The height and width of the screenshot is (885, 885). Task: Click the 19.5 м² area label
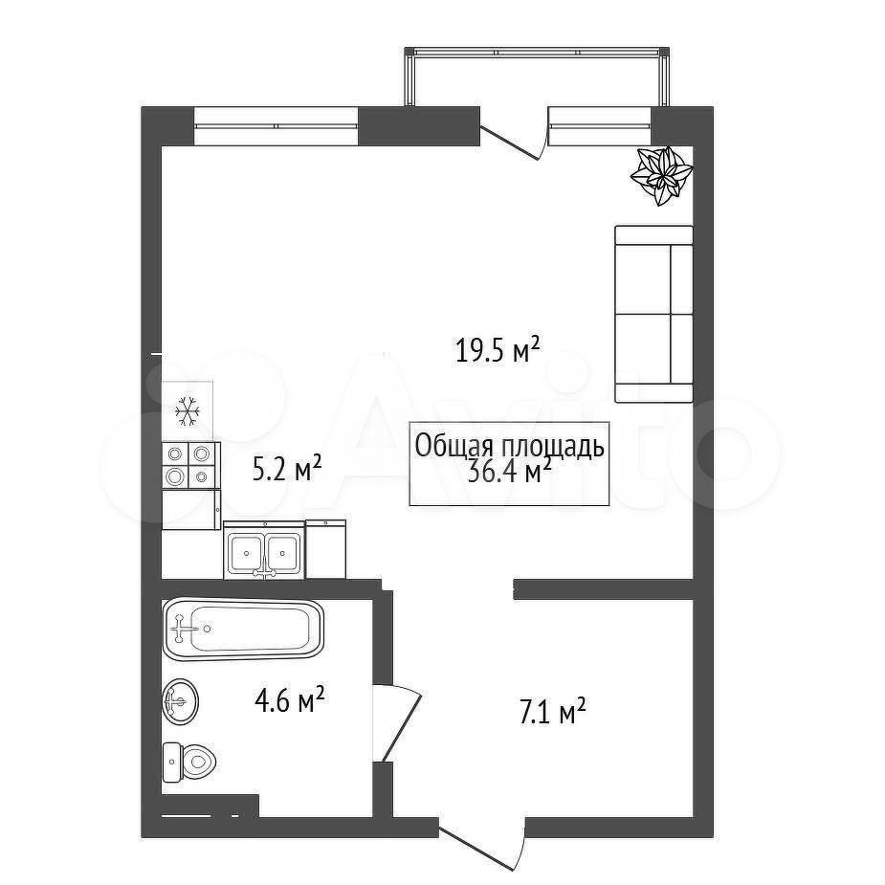[498, 350]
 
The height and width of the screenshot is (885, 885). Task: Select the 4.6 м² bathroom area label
[290, 700]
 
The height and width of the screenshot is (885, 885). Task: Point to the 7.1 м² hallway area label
[551, 711]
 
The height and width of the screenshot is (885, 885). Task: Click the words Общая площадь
[510, 446]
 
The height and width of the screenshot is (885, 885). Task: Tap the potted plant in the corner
[661, 175]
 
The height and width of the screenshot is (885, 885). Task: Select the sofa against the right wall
[653, 314]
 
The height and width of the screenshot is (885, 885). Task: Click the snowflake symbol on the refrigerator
[188, 410]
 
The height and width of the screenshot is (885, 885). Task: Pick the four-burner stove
[190, 465]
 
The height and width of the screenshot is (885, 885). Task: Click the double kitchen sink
[264, 550]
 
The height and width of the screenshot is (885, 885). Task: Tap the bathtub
[243, 629]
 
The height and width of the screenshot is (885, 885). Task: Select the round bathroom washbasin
[180, 701]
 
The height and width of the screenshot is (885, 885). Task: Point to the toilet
[188, 762]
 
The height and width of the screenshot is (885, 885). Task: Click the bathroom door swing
[397, 722]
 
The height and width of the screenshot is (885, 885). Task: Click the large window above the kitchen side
[277, 126]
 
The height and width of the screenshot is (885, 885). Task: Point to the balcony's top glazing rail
[537, 52]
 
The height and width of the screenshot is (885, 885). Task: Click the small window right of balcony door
[600, 126]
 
